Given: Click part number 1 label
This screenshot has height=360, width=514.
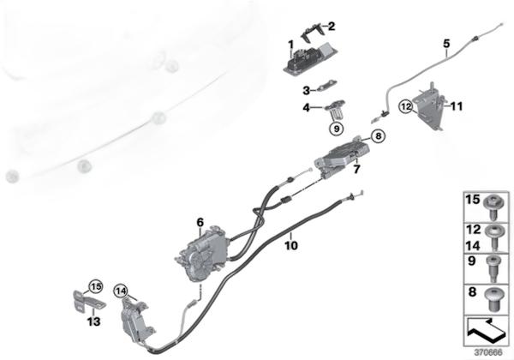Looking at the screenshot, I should pos(290,44).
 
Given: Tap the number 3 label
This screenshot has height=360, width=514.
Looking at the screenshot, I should pos(305,90).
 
